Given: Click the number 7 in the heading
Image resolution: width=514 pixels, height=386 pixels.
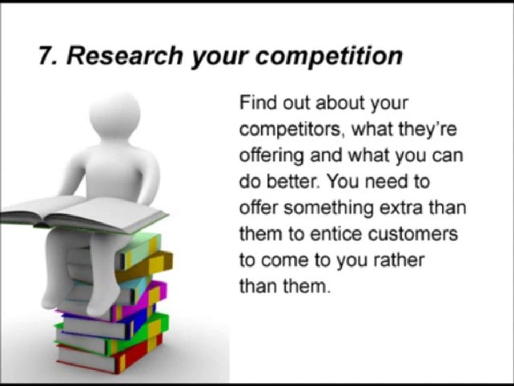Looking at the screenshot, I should click(x=44, y=56).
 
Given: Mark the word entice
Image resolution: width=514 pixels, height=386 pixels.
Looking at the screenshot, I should click(x=343, y=234).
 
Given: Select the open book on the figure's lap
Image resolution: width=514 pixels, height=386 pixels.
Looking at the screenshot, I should click(x=80, y=212).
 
